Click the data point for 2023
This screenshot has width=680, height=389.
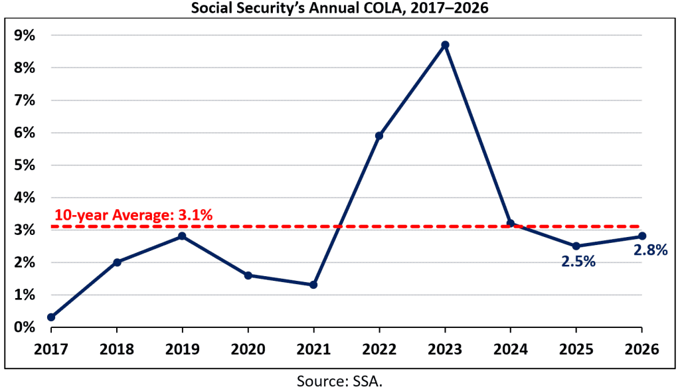tap(445, 44)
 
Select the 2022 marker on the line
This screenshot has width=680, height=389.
tap(379, 135)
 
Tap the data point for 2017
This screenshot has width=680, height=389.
tap(51, 317)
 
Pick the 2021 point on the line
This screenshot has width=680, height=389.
tap(313, 285)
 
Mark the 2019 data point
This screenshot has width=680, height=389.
tap(182, 236)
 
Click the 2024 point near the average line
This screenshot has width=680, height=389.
tap(510, 223)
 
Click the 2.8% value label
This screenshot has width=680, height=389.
tap(649, 250)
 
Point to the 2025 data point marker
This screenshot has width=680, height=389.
tap(576, 246)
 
